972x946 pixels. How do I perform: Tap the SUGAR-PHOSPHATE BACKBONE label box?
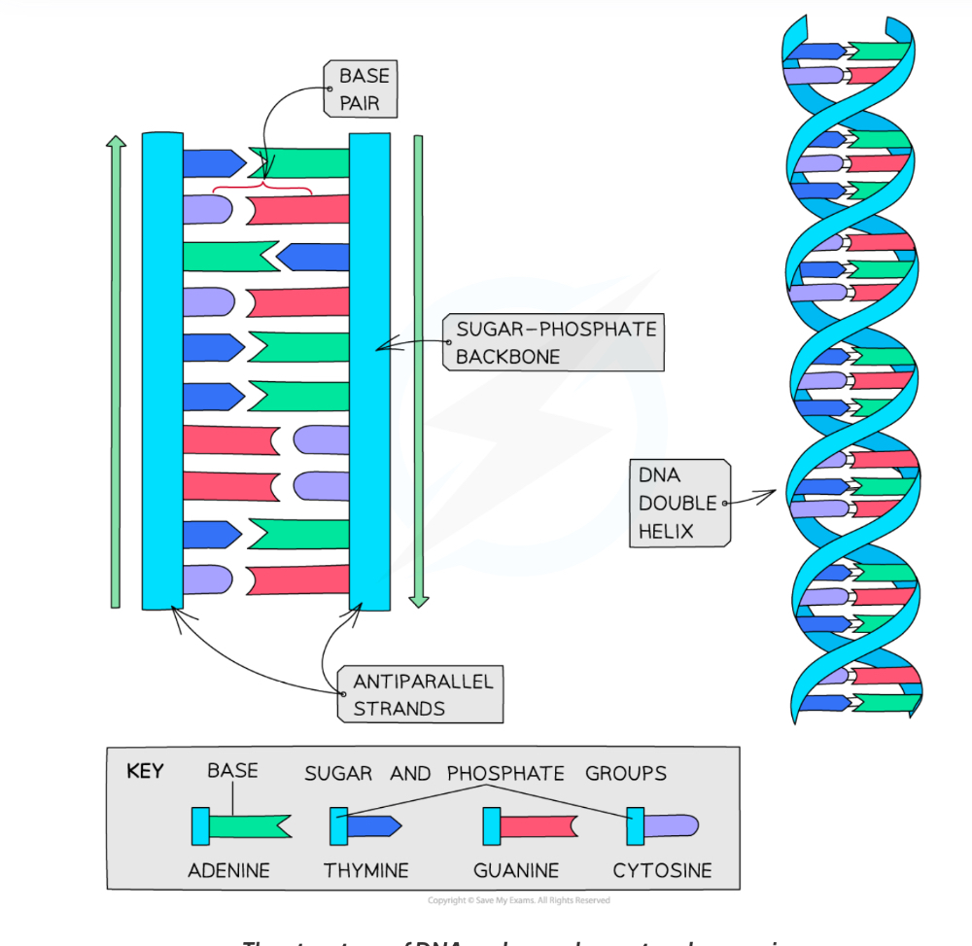click(555, 342)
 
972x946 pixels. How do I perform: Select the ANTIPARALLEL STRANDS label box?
click(422, 694)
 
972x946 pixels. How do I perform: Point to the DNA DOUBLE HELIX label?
click(678, 503)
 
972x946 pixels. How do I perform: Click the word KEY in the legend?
click(145, 772)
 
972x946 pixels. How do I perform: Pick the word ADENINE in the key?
click(228, 870)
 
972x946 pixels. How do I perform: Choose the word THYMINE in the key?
click(366, 870)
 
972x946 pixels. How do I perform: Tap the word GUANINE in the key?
click(516, 870)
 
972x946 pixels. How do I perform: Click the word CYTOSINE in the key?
click(662, 870)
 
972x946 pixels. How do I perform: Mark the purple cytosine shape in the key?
click(672, 826)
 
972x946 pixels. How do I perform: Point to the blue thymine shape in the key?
click(374, 826)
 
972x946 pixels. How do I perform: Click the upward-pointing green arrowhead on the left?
click(116, 143)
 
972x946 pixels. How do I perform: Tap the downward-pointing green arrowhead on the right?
click(419, 600)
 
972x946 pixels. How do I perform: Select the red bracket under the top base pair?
click(261, 190)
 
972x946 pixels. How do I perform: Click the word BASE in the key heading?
click(232, 771)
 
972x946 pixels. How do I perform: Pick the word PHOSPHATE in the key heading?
click(505, 774)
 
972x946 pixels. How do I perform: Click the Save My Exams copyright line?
click(518, 900)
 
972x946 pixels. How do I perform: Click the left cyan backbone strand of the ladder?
click(162, 369)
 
